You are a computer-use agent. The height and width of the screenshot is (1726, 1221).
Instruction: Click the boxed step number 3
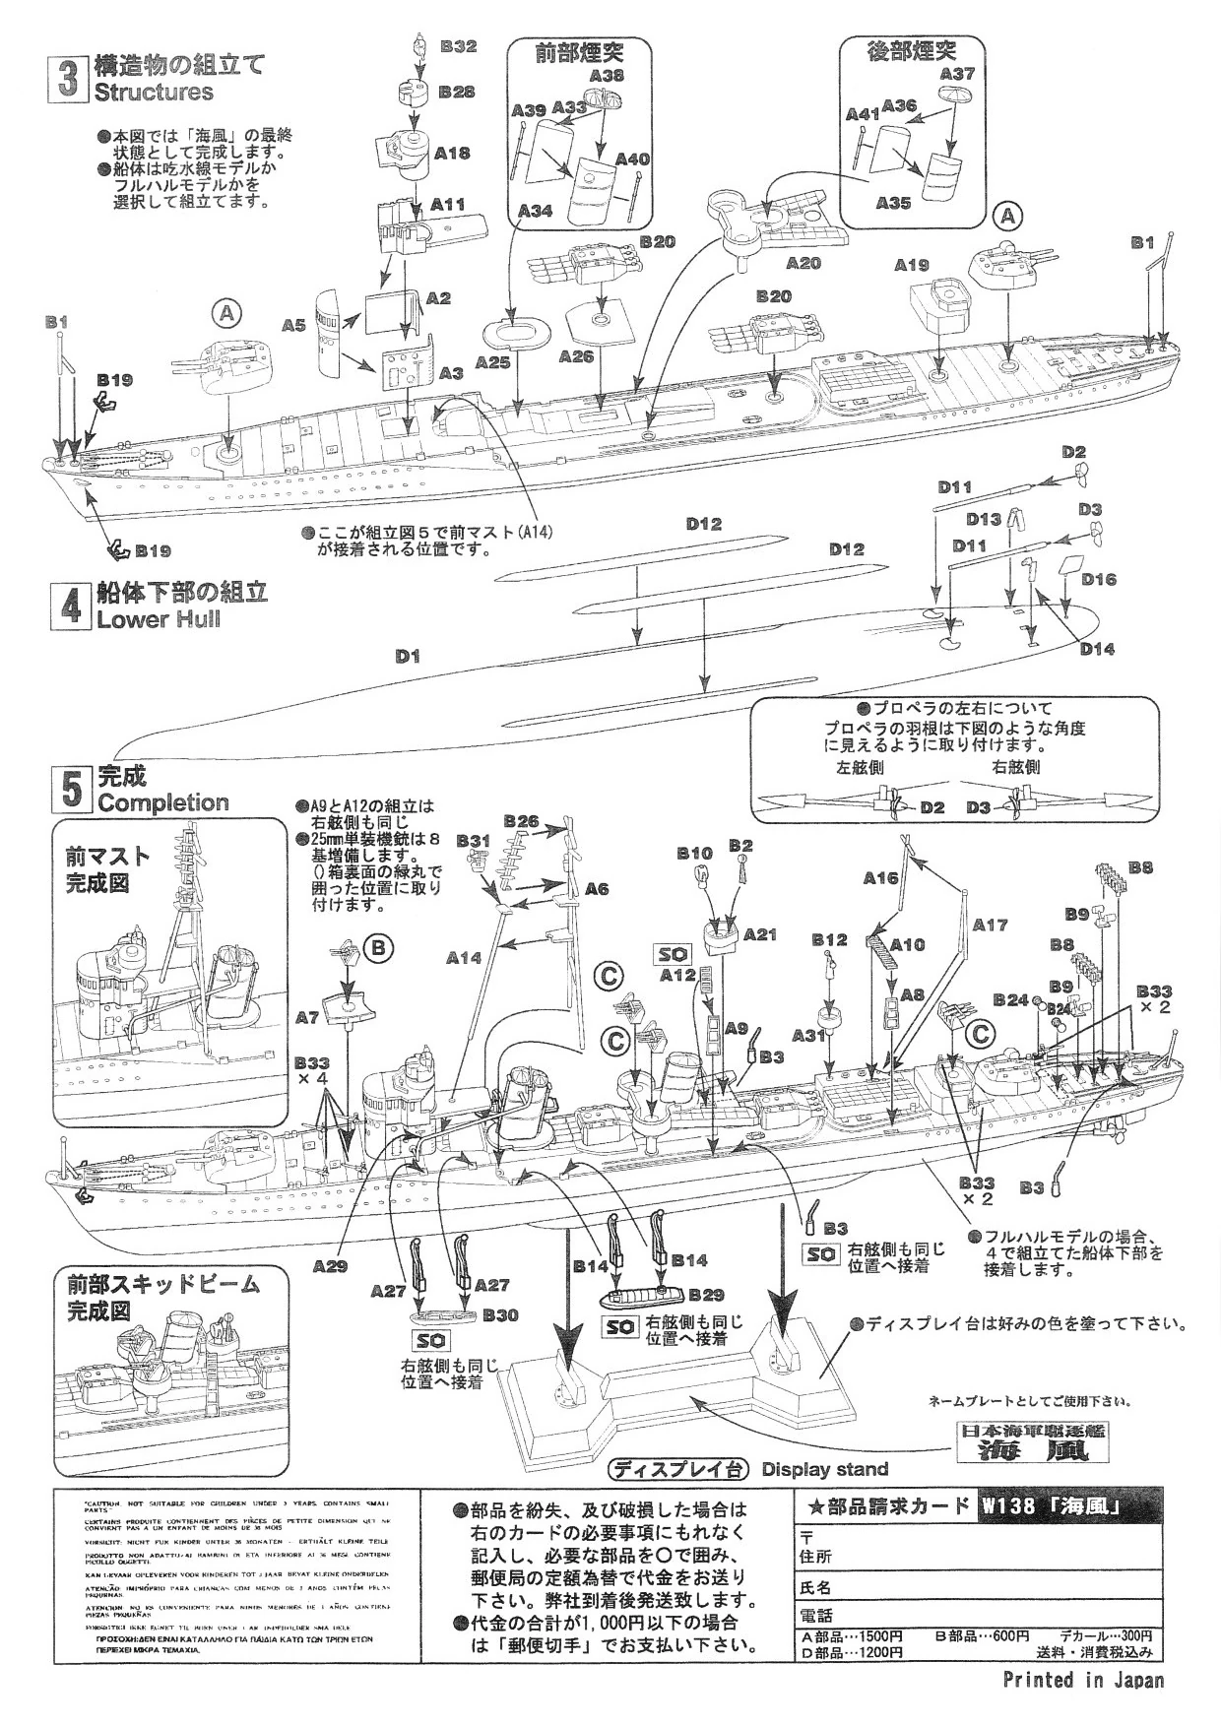pos(67,78)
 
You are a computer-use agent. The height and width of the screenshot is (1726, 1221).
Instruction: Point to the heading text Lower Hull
pos(158,619)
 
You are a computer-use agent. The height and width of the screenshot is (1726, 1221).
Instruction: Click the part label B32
pos(458,46)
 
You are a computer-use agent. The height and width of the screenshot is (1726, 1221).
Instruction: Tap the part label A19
pos(912,264)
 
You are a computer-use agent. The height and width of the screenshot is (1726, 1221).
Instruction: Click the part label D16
pos(1098,579)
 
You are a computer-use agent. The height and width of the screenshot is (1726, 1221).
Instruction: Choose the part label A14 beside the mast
pos(464,956)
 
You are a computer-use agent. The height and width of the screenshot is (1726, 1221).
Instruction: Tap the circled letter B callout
pos(378,948)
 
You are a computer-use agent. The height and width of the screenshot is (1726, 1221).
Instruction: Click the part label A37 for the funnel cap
pos(957,74)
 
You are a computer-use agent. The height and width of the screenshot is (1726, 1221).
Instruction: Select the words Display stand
pos(825,1469)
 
